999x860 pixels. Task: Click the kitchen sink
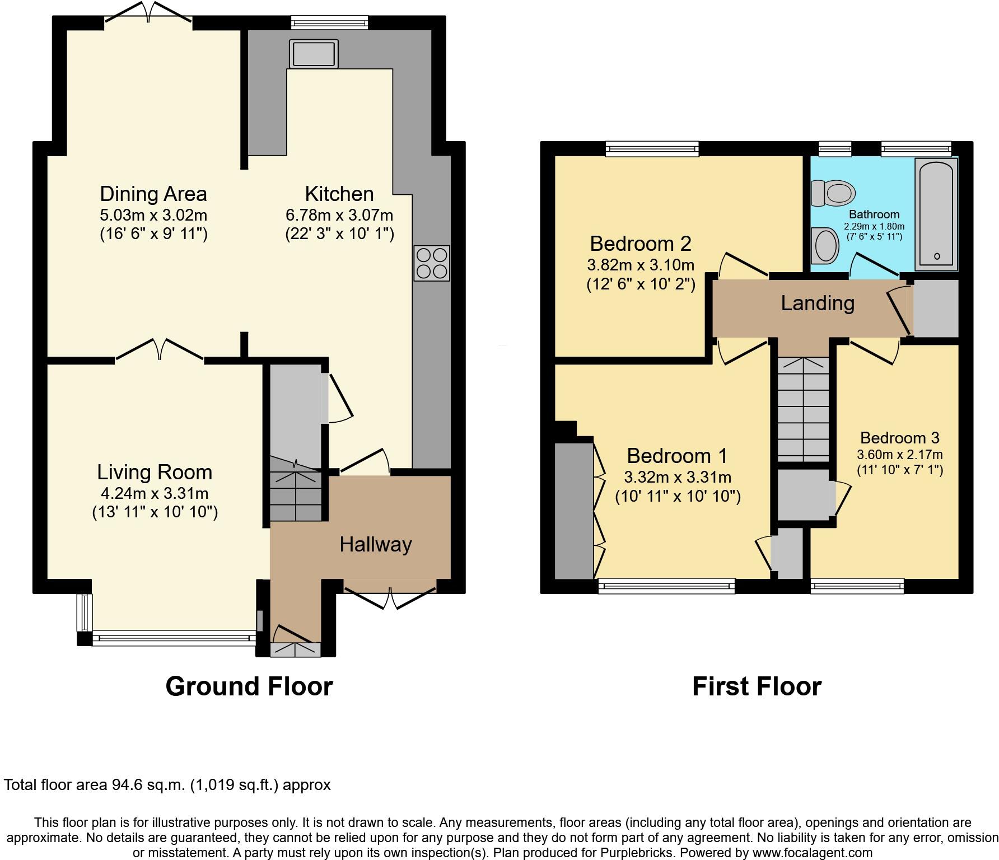[x=314, y=54]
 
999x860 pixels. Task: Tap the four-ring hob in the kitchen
[x=431, y=263]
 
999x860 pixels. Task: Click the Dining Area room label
[x=153, y=194]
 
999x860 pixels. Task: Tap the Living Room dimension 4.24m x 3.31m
[x=155, y=493]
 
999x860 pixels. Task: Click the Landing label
[x=818, y=303]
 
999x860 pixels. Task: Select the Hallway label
[x=376, y=544]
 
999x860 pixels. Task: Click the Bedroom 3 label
[x=899, y=438]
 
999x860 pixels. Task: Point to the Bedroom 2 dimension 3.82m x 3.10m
[x=641, y=264]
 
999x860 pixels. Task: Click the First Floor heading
[x=757, y=686]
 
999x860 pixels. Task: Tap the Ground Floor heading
[x=249, y=686]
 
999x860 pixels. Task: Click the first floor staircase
[x=802, y=409]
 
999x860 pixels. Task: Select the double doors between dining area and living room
[x=160, y=350]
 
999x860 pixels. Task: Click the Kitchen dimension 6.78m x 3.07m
[x=339, y=215]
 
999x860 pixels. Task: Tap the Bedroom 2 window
[x=653, y=148]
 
